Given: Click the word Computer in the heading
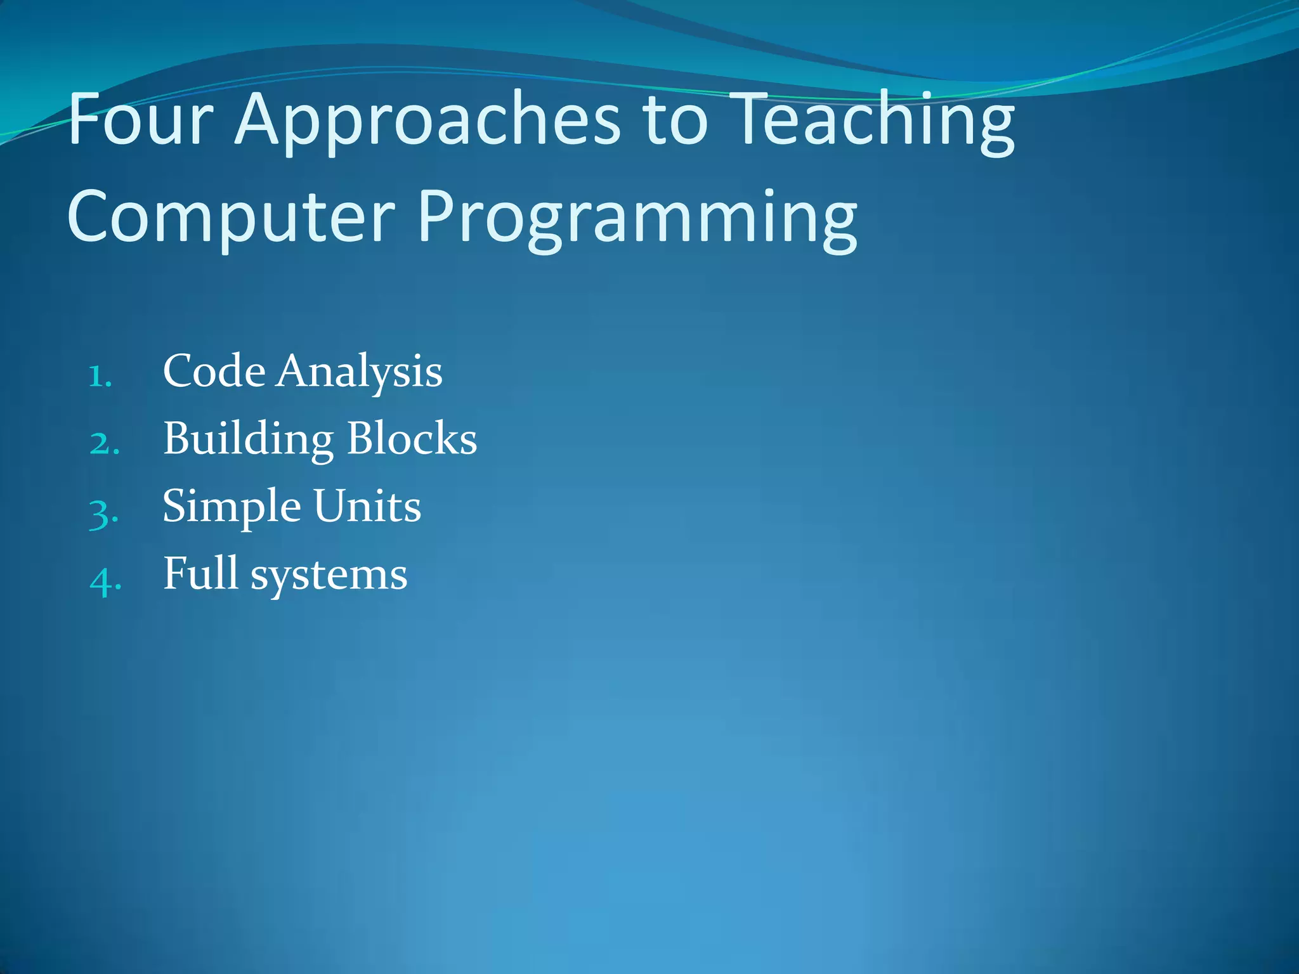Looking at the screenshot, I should pos(232,219).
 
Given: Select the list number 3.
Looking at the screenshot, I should pos(103,513).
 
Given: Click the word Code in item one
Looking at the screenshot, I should pos(214,370).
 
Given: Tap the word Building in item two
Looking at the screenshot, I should pos(248,439).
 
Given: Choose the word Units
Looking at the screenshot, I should pos(367,506).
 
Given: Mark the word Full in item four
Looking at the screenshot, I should pos(200,573).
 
